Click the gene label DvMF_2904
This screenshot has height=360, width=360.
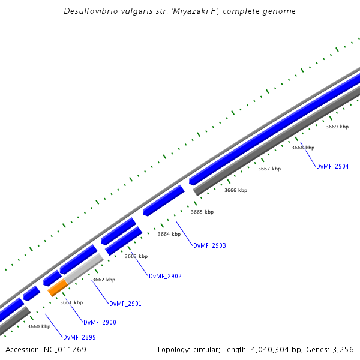(332, 166)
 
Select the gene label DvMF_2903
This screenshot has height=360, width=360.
(209, 245)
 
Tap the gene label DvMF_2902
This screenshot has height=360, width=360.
(165, 276)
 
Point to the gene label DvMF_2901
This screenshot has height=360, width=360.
(125, 304)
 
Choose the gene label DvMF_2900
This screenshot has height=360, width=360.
(100, 322)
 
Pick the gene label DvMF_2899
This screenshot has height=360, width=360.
(79, 337)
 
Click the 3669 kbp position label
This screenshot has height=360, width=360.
(337, 127)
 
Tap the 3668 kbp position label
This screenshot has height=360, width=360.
(303, 148)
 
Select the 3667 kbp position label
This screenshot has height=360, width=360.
(269, 169)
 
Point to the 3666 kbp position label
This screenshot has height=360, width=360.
(236, 190)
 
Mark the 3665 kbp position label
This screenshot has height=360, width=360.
(202, 212)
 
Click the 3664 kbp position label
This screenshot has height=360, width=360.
(169, 234)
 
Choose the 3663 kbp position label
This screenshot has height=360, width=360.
(136, 256)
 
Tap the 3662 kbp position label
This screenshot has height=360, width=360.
(104, 280)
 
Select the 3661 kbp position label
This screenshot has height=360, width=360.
(71, 302)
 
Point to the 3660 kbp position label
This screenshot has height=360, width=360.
(39, 326)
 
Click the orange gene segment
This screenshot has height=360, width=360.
(58, 287)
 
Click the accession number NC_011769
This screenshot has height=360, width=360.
(64, 349)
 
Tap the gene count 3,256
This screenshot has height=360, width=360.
(343, 349)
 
